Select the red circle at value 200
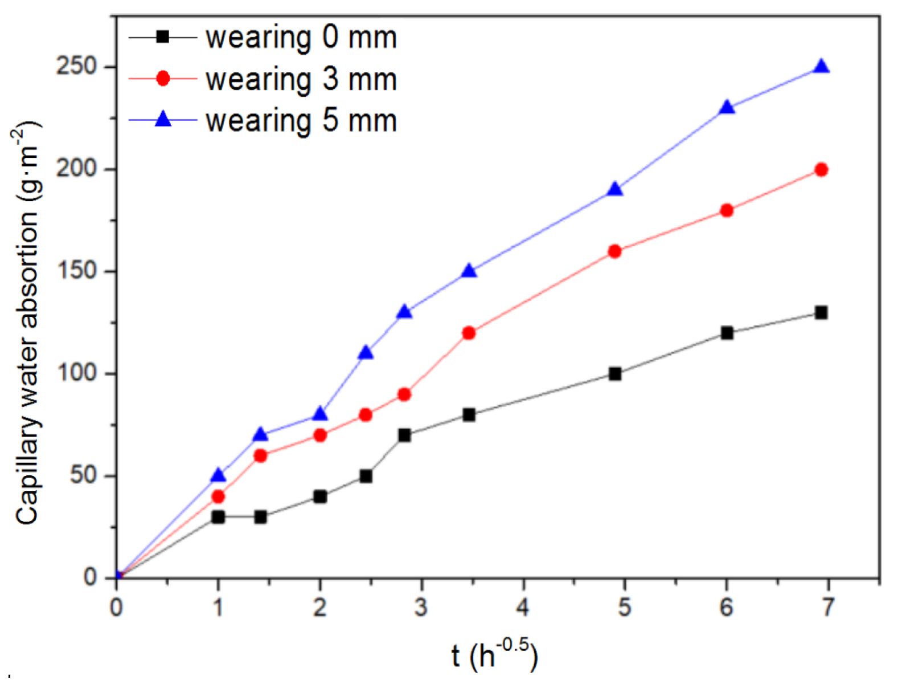pyautogui.click(x=821, y=169)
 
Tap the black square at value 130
pyautogui.click(x=821, y=312)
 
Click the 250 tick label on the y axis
pyautogui.click(x=76, y=66)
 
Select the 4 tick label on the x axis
pyautogui.click(x=523, y=607)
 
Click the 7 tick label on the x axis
pyautogui.click(x=827, y=607)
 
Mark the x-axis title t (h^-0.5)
pyautogui.click(x=494, y=655)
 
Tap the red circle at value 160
pyautogui.click(x=614, y=251)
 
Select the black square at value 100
pyautogui.click(x=614, y=374)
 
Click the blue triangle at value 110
pyautogui.click(x=366, y=353)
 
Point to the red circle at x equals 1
pyautogui.click(x=218, y=496)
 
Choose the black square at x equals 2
pyautogui.click(x=320, y=496)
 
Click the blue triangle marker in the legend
pyautogui.click(x=163, y=119)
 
